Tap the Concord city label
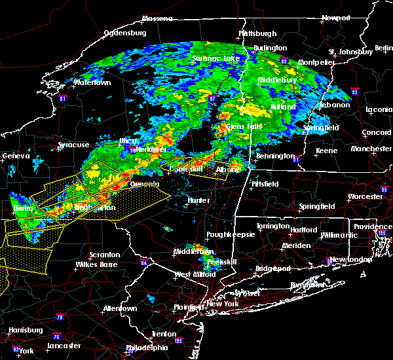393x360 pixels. click(x=377, y=133)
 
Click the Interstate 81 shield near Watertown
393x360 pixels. click(x=63, y=99)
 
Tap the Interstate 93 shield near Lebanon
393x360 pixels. click(x=354, y=92)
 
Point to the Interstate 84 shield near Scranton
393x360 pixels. click(x=144, y=263)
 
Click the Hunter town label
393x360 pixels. click(x=198, y=201)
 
